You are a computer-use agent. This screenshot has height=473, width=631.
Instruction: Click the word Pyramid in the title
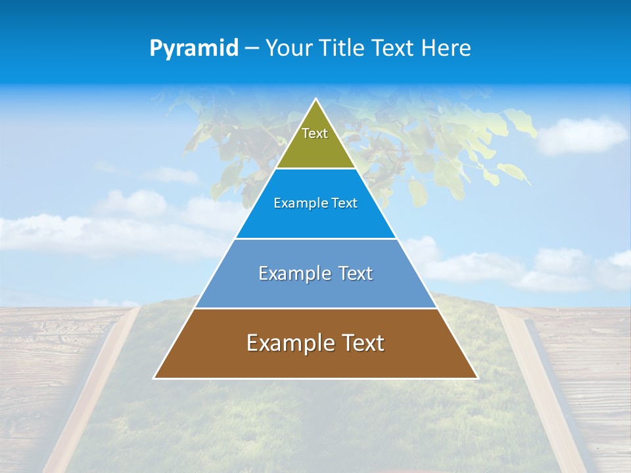pos(193,49)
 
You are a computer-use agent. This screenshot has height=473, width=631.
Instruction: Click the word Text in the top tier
pos(315,133)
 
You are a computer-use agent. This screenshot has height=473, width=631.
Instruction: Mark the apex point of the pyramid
pos(315,99)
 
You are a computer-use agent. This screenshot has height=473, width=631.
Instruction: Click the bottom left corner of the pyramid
pos(154,378)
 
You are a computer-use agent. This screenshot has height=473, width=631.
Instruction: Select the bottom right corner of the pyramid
pos(477,378)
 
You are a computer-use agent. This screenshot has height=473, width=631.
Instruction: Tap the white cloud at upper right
pos(582,135)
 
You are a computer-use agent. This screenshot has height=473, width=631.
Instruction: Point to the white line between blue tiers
pos(315,238)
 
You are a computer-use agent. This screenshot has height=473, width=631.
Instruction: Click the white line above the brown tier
pos(315,308)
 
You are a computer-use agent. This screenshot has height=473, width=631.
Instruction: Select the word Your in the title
pos(288,49)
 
